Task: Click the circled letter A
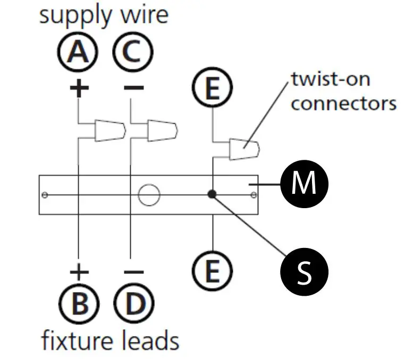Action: click(78, 52)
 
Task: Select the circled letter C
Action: click(133, 52)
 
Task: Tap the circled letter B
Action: click(79, 304)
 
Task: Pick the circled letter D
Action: click(134, 304)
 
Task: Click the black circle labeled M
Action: click(304, 184)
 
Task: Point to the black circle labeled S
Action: click(304, 271)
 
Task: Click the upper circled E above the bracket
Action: click(212, 87)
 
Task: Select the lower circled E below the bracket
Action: click(212, 271)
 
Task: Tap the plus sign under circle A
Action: click(79, 88)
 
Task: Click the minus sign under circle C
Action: click(134, 88)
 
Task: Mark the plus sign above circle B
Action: click(79, 271)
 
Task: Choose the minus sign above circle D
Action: click(134, 271)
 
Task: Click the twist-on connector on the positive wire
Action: click(110, 131)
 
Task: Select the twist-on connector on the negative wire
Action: click(163, 131)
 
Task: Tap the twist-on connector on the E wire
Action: click(244, 149)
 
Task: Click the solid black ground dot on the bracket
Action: click(212, 194)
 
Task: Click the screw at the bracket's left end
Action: click(45, 195)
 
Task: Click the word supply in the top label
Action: click(75, 16)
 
